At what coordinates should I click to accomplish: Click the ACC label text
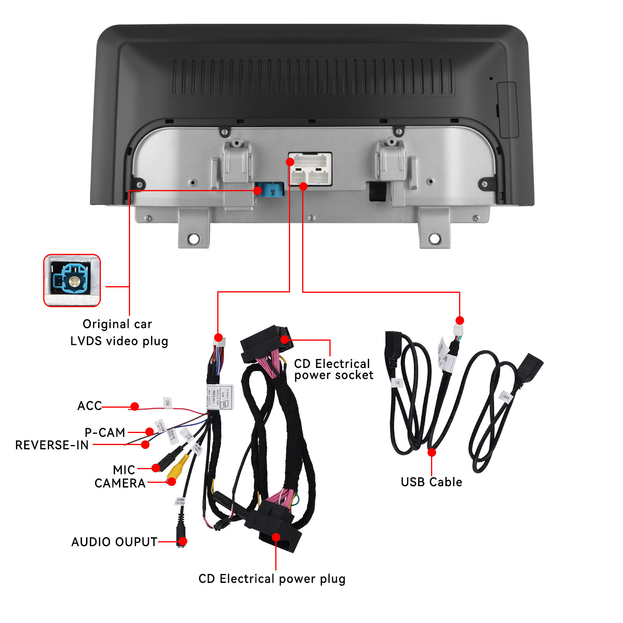coord(90,406)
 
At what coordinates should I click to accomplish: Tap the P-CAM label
coord(105,432)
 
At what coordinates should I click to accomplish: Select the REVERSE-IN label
coord(52,445)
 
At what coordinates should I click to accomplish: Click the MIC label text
coord(124,470)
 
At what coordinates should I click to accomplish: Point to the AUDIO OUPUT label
coord(114,542)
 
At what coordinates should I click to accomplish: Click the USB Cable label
coord(431,482)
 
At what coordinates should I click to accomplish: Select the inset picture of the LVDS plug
coord(72,280)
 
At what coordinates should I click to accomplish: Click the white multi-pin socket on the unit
coord(310,169)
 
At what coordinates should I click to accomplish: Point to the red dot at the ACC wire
coord(135,407)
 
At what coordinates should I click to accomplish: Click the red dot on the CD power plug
coord(276,537)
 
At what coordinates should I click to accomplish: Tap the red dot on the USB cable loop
coord(431,452)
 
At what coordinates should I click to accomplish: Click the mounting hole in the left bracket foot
coord(194,238)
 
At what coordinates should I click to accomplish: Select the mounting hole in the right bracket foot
coord(435,238)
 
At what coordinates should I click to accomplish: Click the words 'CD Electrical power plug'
coord(272,579)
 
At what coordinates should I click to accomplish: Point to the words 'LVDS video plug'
coord(119,341)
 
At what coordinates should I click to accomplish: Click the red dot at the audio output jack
coord(183,541)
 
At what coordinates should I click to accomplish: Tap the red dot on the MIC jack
coord(156,468)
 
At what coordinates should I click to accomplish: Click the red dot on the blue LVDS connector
coord(257,190)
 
